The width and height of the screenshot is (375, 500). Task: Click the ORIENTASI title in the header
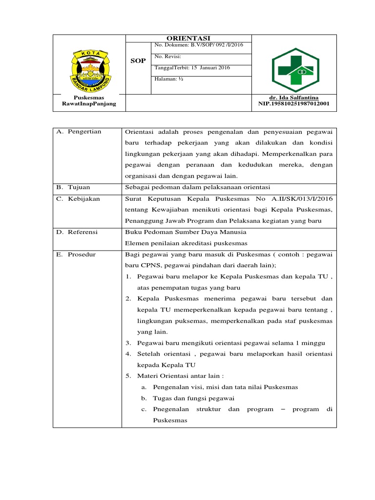(x=188, y=39)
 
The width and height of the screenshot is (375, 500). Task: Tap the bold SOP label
(x=138, y=61)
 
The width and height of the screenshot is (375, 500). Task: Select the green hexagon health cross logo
(x=295, y=70)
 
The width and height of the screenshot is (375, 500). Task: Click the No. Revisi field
(x=168, y=57)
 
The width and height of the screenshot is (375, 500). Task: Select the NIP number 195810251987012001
(x=294, y=104)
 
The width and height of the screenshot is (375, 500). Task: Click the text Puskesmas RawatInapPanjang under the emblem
(x=89, y=101)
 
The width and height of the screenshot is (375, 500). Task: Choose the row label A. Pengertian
(x=79, y=132)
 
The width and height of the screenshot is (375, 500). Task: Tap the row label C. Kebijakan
(x=78, y=199)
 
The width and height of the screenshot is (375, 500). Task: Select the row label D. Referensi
(x=77, y=232)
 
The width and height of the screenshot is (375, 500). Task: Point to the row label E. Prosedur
(x=76, y=255)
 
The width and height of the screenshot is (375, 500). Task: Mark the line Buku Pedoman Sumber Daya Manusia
(x=186, y=232)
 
